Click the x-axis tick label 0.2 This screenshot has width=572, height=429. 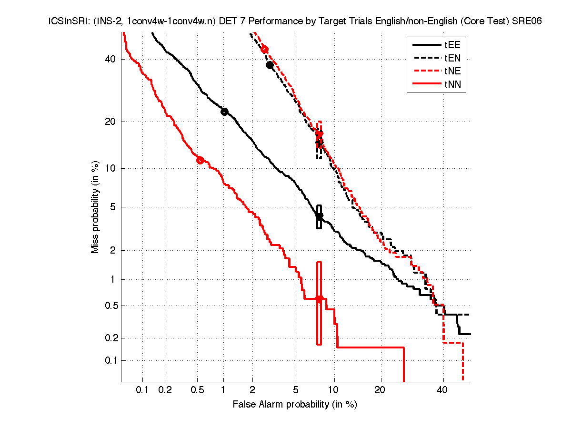click(x=165, y=390)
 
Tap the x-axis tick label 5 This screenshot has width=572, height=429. click(x=296, y=390)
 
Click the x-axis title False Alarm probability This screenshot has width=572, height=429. click(x=295, y=405)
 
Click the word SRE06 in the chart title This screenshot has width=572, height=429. click(x=527, y=21)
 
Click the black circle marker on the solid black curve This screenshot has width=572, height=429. click(x=224, y=112)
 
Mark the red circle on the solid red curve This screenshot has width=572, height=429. click(x=200, y=160)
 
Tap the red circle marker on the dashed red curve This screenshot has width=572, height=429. click(x=264, y=50)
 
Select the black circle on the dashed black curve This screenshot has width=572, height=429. click(x=270, y=65)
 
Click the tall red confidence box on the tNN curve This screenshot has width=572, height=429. click(x=319, y=303)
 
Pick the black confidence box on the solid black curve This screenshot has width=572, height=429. click(x=319, y=217)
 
